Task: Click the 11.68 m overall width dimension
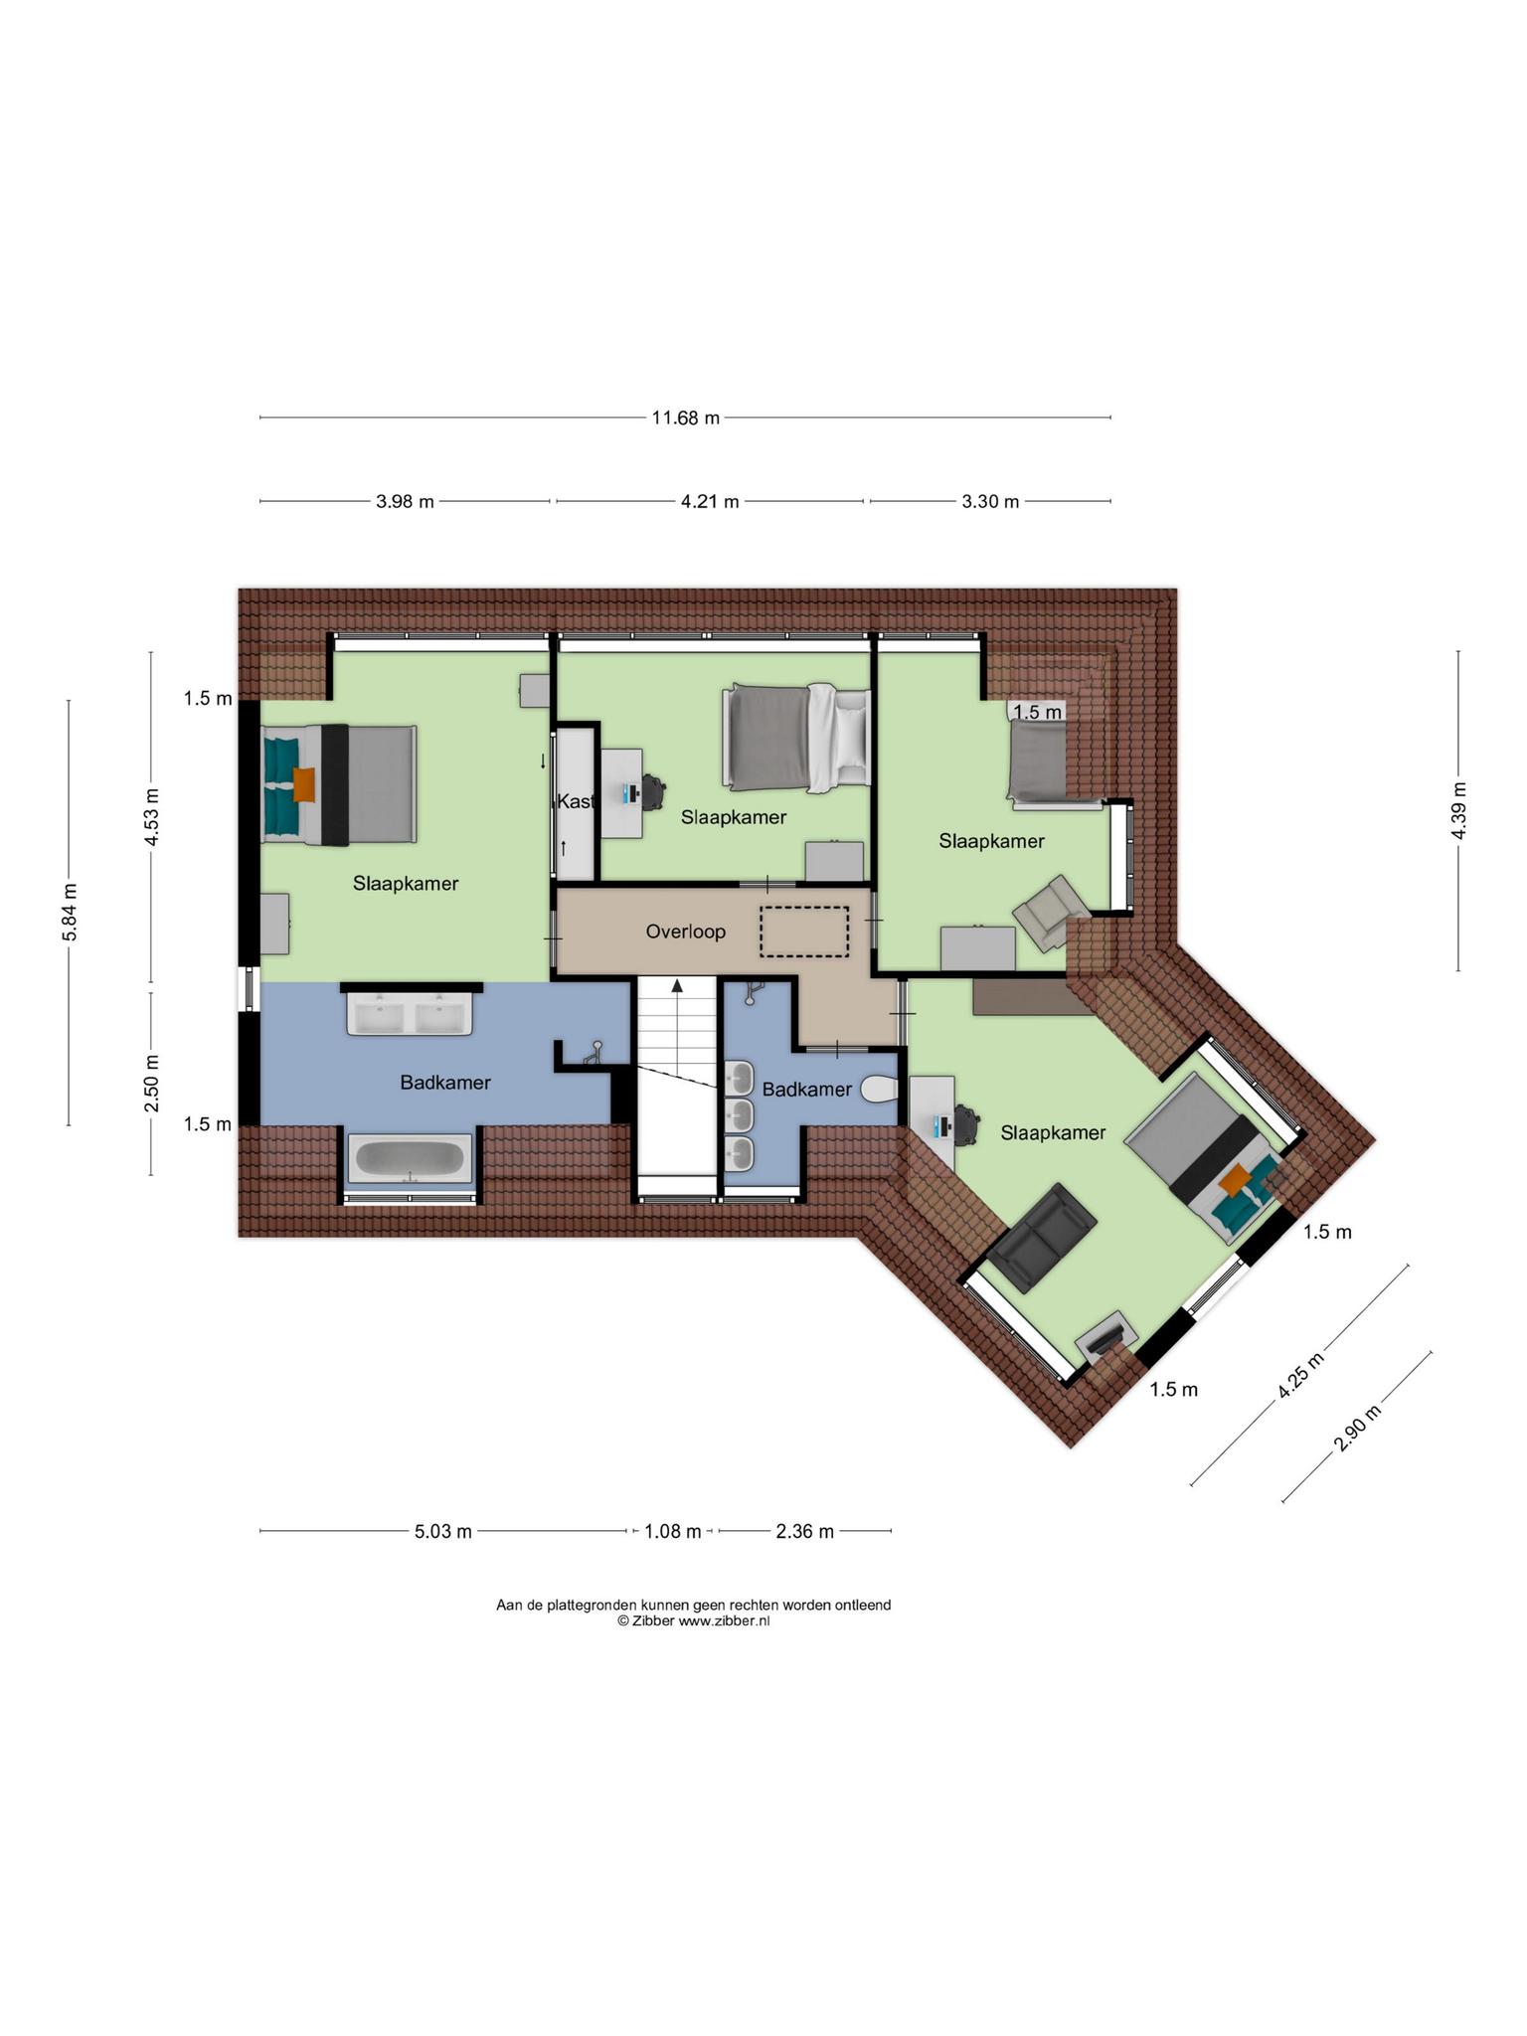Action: click(685, 418)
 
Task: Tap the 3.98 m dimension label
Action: click(405, 501)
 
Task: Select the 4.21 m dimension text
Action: click(710, 501)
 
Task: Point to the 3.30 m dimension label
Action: click(990, 501)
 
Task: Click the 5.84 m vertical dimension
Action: click(69, 912)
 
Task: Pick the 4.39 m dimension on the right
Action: click(1458, 810)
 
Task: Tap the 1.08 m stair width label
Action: click(673, 1531)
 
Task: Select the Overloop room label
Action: click(686, 932)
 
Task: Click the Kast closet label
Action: click(576, 801)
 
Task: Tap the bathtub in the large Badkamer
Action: click(410, 1159)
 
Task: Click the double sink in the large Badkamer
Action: click(410, 1014)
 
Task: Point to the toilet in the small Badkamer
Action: click(879, 1090)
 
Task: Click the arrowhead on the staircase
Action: click(677, 985)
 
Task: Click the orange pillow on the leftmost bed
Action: click(304, 784)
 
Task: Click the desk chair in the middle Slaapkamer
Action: click(651, 791)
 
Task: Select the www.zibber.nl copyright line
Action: click(693, 1620)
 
